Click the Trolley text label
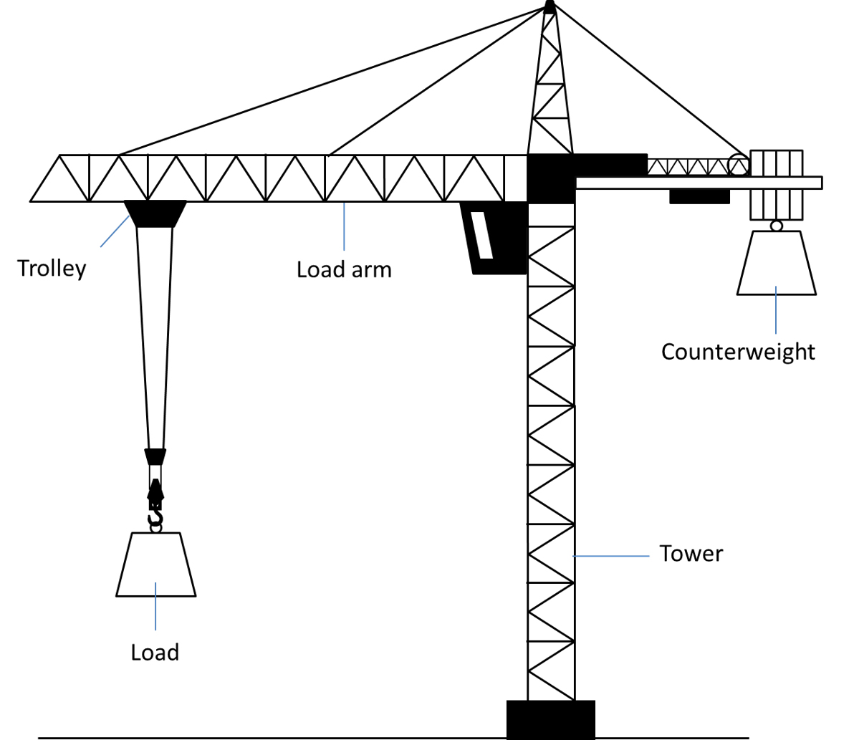coord(52,269)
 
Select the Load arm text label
coord(344,270)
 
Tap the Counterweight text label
coord(738,352)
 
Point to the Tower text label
coord(691,554)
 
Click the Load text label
coord(155,653)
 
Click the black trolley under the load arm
coord(155,213)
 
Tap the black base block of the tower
coord(550,719)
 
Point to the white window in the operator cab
coord(481,235)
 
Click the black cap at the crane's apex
coord(550,6)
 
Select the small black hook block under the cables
coord(155,456)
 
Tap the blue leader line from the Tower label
coord(612,555)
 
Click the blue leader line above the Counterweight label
coord(776,309)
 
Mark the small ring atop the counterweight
coord(776,226)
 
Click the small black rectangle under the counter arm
coord(699,196)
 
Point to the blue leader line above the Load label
coord(155,605)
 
